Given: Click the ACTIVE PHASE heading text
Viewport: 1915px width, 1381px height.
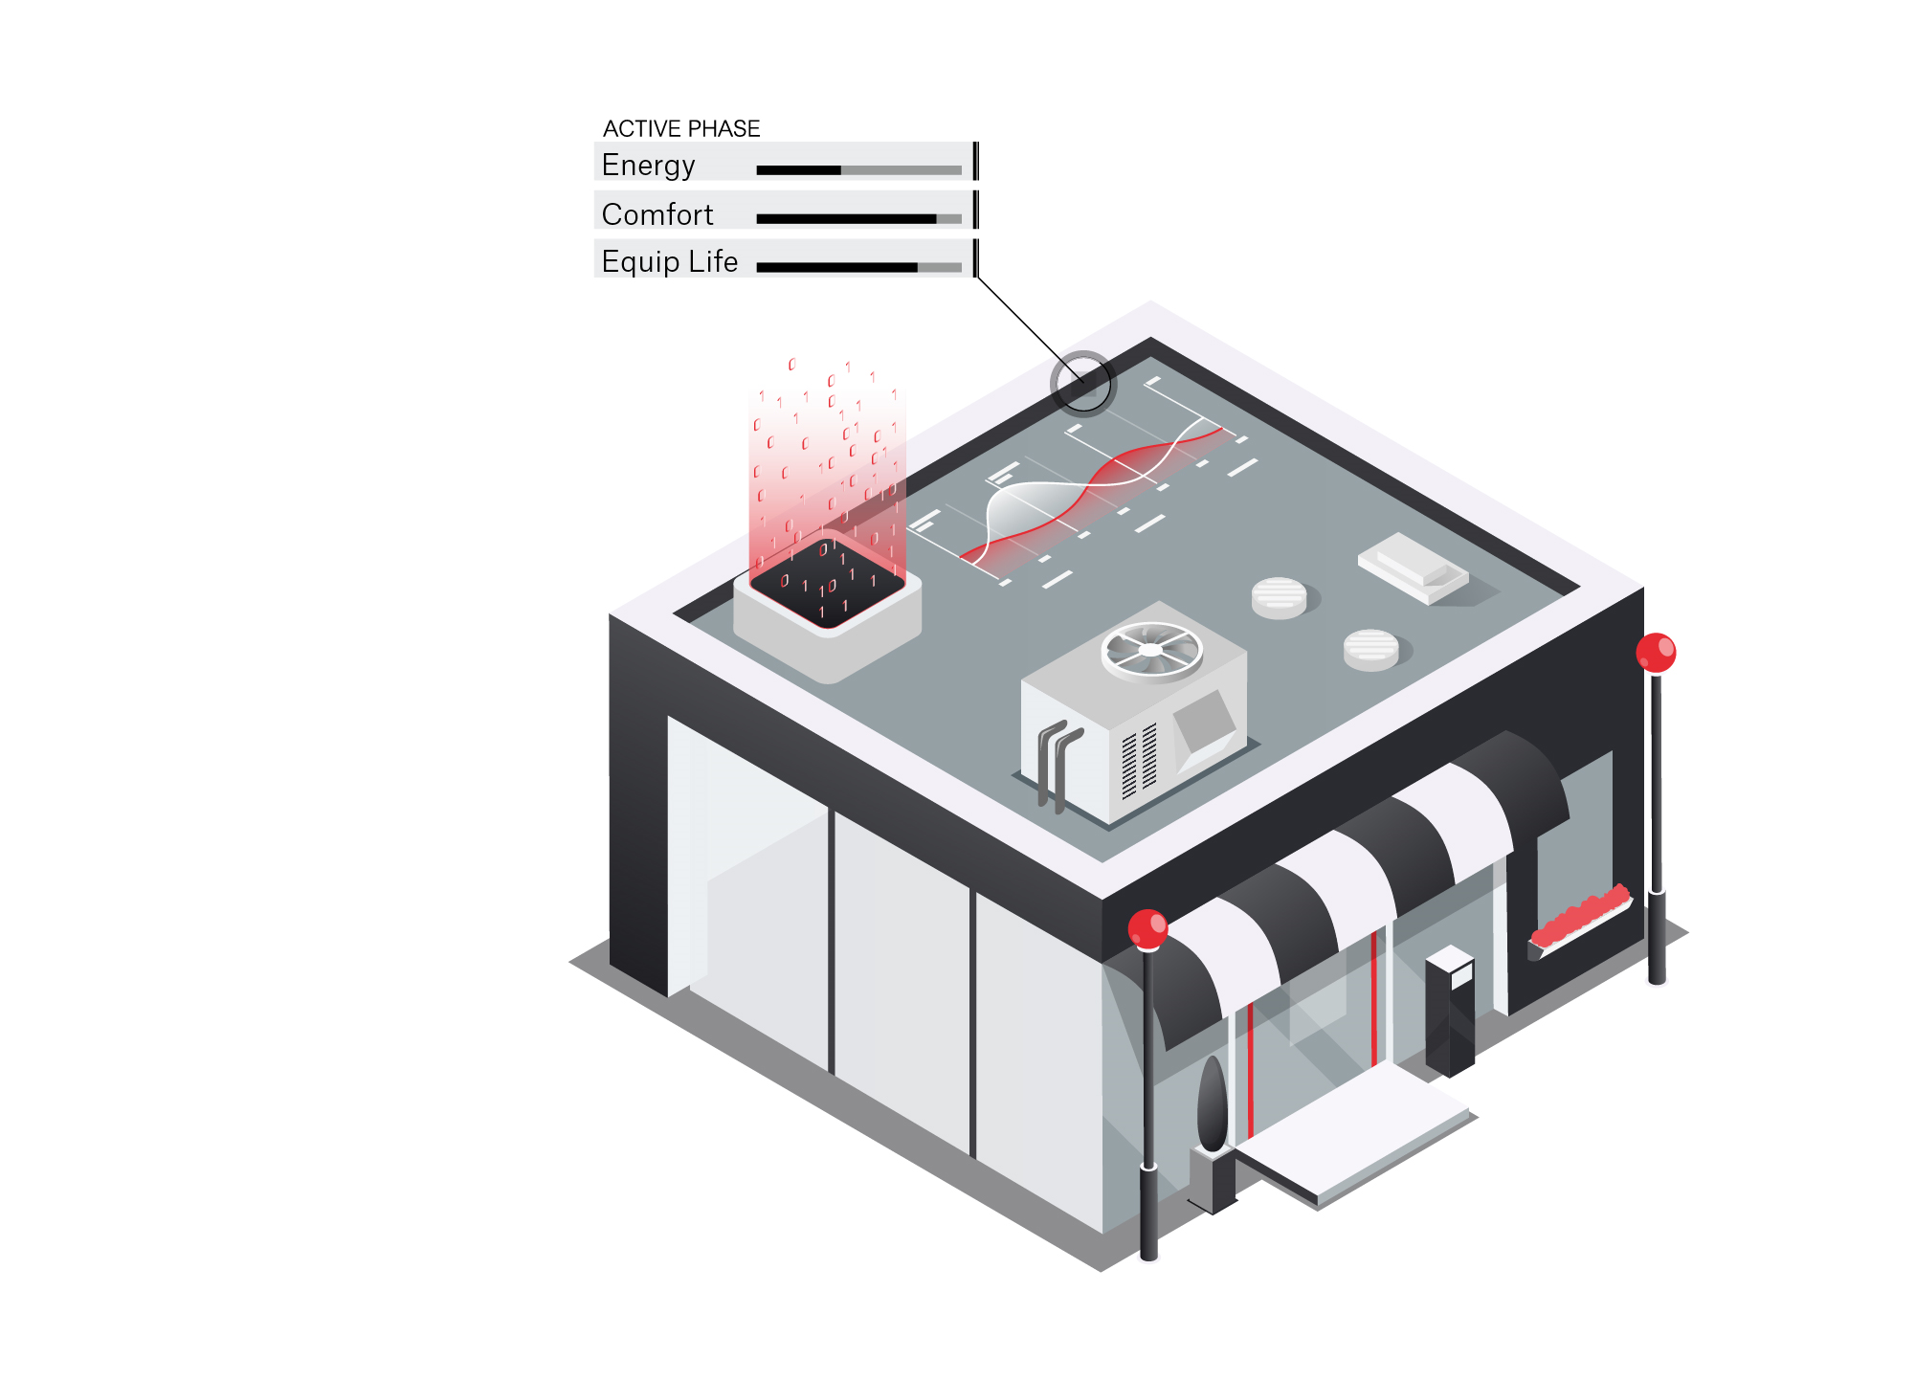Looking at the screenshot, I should (680, 128).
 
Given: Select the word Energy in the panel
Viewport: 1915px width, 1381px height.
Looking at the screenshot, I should (648, 165).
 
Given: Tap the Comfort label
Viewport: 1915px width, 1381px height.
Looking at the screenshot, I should (657, 214).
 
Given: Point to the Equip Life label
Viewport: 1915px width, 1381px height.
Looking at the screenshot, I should (669, 261).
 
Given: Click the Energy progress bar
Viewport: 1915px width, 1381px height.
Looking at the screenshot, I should (858, 170).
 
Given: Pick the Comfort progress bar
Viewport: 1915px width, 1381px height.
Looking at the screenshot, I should (858, 219).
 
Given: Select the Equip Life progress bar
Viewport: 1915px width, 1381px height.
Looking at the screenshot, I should (858, 268).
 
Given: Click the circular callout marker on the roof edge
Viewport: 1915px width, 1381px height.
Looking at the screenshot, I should (1082, 383).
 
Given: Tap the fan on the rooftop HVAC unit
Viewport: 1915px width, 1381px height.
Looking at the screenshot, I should (1151, 650).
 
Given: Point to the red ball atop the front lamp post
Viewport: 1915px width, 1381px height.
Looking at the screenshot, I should (1147, 929).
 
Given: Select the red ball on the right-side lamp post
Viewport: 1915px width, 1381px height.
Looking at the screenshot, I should (1656, 653).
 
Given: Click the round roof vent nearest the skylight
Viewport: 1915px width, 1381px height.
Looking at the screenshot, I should (1279, 597).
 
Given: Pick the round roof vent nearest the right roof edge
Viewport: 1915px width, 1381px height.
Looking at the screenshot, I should (1370, 650).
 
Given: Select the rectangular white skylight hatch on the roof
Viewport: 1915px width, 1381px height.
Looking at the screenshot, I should (1414, 568).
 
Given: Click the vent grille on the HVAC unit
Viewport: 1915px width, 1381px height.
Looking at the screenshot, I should (1139, 762).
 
